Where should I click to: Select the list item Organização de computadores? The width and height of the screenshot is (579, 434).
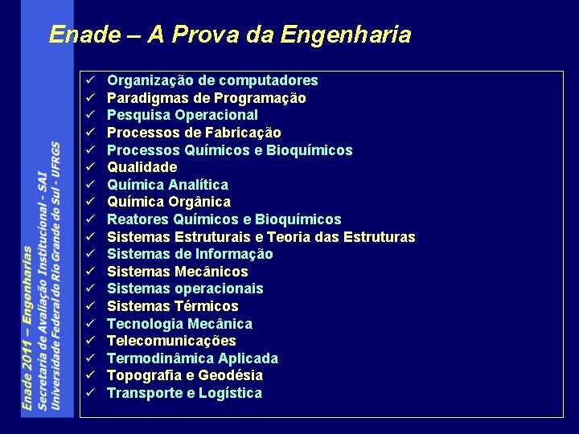pos(212,80)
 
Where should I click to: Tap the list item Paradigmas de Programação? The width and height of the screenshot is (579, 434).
pos(206,98)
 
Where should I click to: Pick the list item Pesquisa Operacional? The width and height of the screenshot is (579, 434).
pos(183,115)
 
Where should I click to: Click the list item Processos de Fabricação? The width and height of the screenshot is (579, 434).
pos(194,133)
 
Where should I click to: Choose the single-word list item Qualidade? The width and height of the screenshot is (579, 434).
pos(142,167)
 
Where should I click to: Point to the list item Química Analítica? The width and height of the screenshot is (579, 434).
pos(167,185)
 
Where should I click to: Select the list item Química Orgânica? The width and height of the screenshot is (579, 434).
pos(169,202)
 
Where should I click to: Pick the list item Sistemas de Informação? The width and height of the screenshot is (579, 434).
pos(190,254)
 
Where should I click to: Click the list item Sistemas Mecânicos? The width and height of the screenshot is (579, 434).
pos(177,272)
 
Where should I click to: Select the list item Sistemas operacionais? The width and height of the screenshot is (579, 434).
pos(185,289)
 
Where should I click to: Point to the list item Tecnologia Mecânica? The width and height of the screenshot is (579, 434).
pos(179,324)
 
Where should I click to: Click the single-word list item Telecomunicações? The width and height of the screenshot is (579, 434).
pos(171,341)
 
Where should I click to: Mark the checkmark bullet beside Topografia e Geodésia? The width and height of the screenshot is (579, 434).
pos(92,375)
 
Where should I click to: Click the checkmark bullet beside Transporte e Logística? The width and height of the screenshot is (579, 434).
pos(92,393)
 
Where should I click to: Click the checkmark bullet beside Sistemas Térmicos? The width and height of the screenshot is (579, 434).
pos(92,306)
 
